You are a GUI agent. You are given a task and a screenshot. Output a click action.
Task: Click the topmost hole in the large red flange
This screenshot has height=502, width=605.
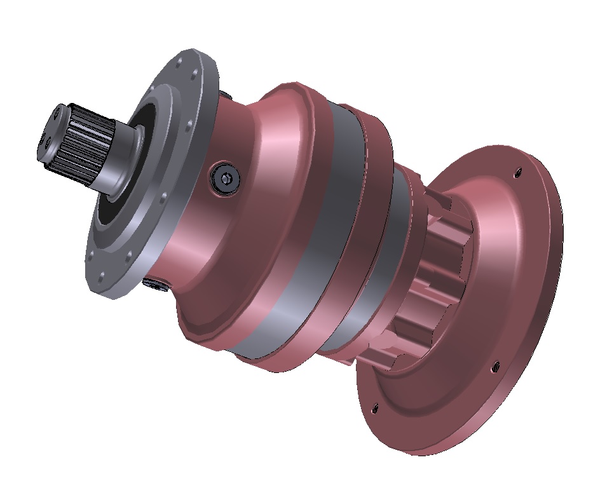tap(517, 170)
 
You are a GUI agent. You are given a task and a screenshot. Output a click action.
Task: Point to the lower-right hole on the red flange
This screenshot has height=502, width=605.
tap(494, 365)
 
